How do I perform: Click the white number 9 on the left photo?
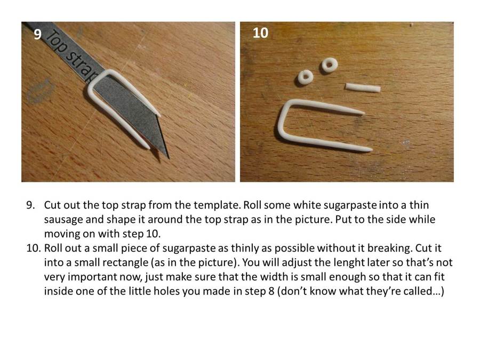click(37, 34)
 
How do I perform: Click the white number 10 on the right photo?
click(260, 33)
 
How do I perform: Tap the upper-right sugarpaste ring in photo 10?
click(330, 65)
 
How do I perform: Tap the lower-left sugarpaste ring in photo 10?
click(306, 77)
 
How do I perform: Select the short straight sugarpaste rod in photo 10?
click(363, 87)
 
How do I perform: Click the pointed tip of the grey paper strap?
click(168, 157)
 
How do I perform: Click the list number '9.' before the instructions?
click(31, 205)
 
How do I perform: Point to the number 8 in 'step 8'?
click(271, 291)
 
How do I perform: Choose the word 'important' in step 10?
click(92, 277)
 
